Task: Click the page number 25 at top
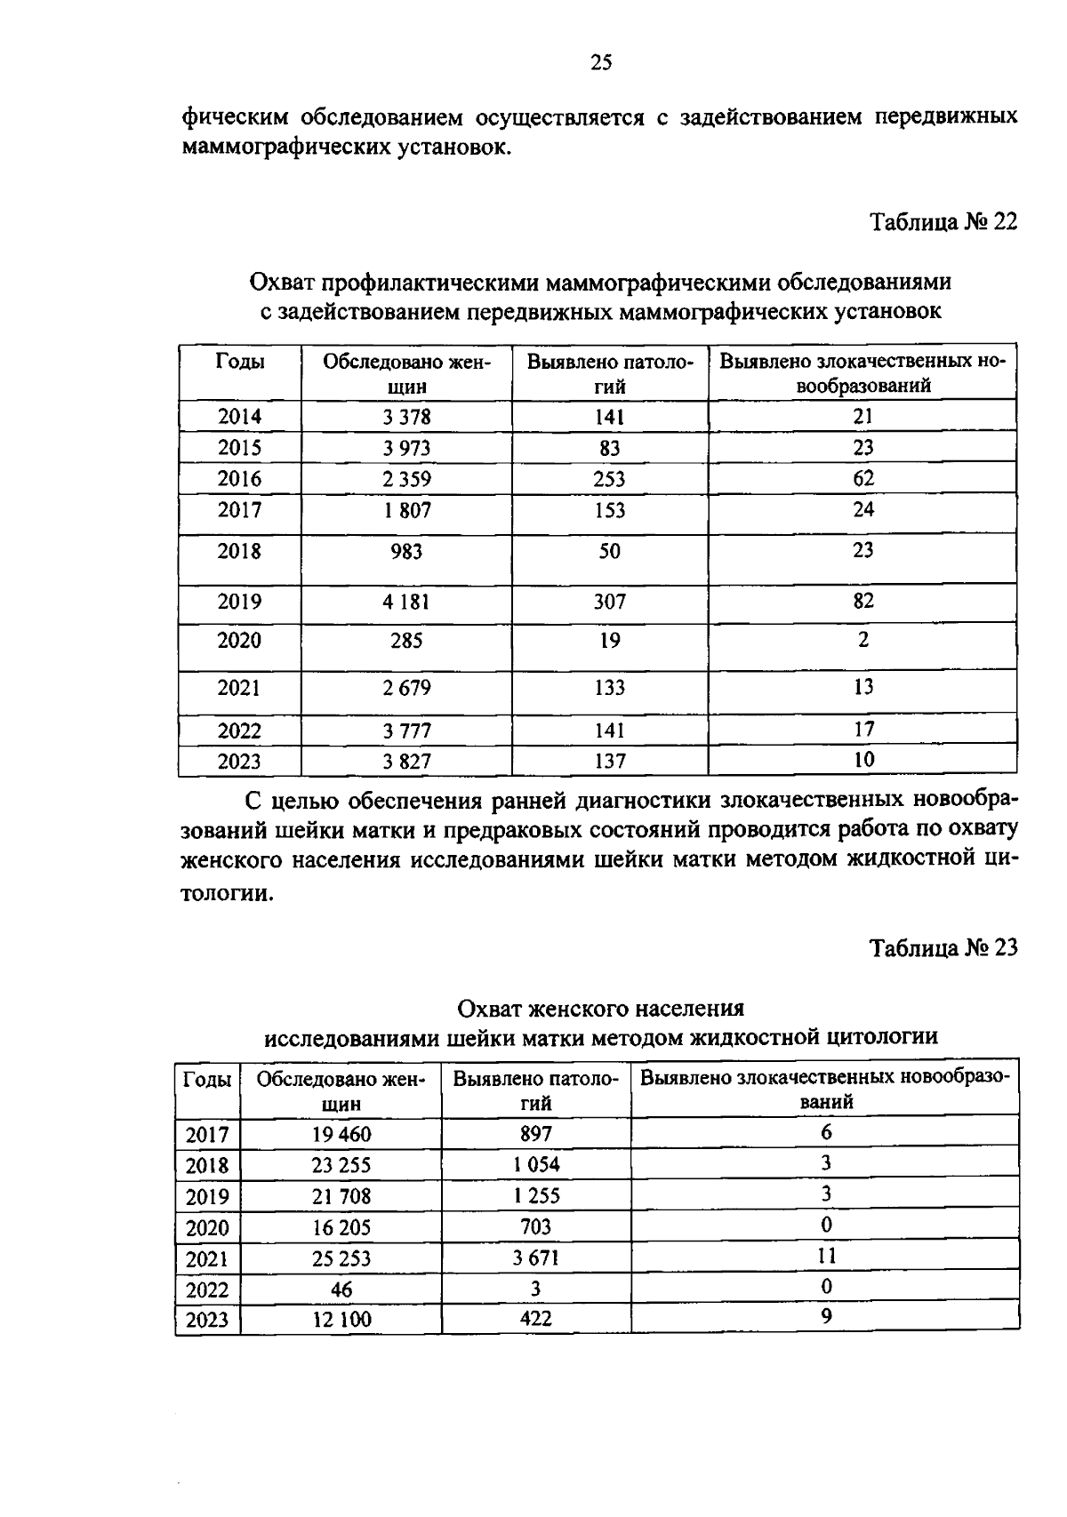601,62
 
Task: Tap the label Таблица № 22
943,221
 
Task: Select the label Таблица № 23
943,947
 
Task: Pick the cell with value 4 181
406,603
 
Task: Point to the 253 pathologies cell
609,479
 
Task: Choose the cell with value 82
862,602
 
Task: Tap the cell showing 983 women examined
406,552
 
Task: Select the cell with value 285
406,641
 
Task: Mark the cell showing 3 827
406,762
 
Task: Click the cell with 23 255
341,1165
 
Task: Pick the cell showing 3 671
536,1258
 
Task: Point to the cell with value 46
341,1289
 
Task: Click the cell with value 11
826,1257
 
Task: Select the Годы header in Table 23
207,1080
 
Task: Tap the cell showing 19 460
341,1134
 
